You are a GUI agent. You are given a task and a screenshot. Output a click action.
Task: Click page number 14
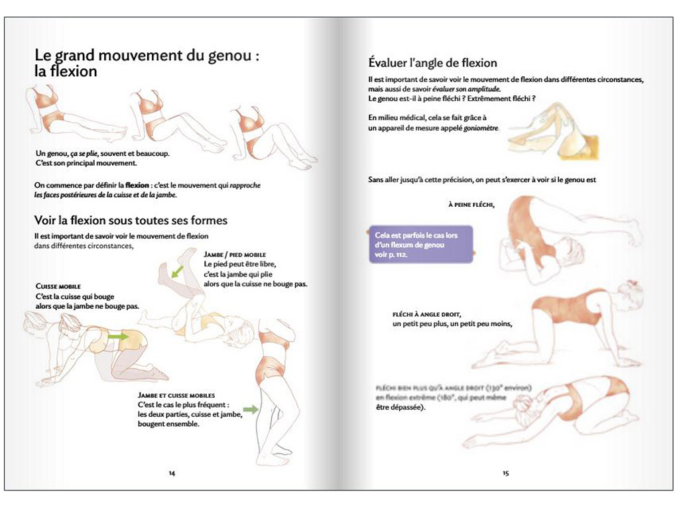click(x=172, y=473)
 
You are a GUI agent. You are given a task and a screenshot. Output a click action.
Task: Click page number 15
click(x=505, y=473)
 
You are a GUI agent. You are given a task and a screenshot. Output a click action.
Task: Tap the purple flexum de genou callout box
click(x=420, y=245)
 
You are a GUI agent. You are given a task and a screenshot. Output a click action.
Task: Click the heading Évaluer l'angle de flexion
click(x=432, y=64)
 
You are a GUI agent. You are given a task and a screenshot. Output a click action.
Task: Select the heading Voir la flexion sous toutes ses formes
click(x=131, y=220)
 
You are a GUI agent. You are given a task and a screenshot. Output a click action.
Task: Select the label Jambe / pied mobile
click(x=235, y=254)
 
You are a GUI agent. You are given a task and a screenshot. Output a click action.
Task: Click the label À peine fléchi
click(x=471, y=205)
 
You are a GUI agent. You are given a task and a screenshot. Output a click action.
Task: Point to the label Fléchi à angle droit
click(x=426, y=314)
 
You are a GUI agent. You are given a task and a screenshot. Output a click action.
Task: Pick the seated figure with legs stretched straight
click(x=73, y=113)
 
